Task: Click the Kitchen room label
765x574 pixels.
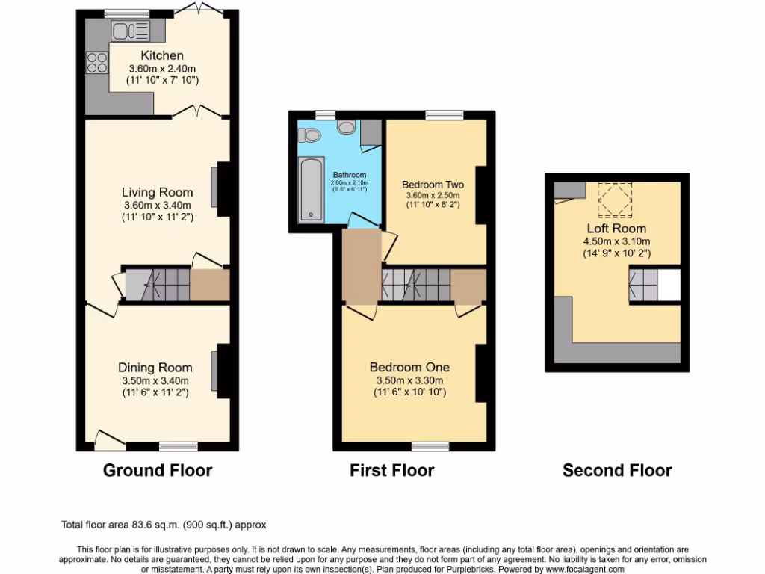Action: coord(162,55)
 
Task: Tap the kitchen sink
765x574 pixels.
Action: coord(130,31)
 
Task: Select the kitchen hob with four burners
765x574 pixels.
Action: coord(97,62)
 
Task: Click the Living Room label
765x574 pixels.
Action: coord(158,192)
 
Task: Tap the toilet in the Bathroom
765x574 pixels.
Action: coord(309,135)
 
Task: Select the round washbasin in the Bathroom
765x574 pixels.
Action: coord(346,127)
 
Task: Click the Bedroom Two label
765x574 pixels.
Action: coord(433,185)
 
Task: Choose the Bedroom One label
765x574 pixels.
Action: coord(409,367)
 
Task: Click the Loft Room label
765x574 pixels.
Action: coord(616,228)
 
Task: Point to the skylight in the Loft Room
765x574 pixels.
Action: coord(616,200)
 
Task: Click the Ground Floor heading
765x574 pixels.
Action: coord(157,470)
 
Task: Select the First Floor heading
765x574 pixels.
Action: coord(391,470)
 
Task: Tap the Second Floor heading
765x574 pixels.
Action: coord(617,470)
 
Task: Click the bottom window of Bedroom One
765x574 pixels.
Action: coord(426,446)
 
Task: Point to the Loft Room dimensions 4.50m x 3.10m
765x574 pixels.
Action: coord(616,241)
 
